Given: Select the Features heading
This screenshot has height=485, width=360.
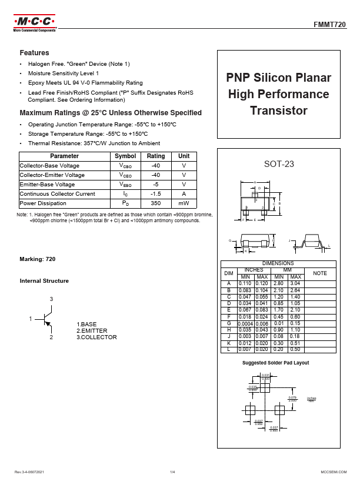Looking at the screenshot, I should pos(34,53).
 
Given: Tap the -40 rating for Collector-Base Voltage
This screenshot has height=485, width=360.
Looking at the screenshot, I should pos(156,166).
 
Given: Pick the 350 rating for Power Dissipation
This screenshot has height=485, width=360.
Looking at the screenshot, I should pos(156,203).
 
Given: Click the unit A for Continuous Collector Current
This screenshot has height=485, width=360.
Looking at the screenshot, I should pos(184,193).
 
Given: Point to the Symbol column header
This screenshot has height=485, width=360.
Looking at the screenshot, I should pos(125,156).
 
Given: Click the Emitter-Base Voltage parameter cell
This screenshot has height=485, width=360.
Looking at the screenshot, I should pos(47,185).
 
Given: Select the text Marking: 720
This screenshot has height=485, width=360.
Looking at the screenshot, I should pos(38,259).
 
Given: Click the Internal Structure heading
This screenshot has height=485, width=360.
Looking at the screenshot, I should pos(44,281).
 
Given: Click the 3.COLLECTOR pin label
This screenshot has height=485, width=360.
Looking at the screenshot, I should pos(97,337).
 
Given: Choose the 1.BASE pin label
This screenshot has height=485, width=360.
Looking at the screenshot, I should pos(87,324).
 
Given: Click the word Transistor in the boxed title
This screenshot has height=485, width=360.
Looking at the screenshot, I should pos(279,110).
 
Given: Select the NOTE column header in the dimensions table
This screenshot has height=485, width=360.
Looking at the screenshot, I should pos(319,273).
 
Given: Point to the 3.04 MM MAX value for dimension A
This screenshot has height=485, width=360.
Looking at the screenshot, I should pos(296,283).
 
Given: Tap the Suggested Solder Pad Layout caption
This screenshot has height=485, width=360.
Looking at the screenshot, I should pos(276,363).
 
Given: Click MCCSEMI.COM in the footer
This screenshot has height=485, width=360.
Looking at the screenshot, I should pos(333,472).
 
